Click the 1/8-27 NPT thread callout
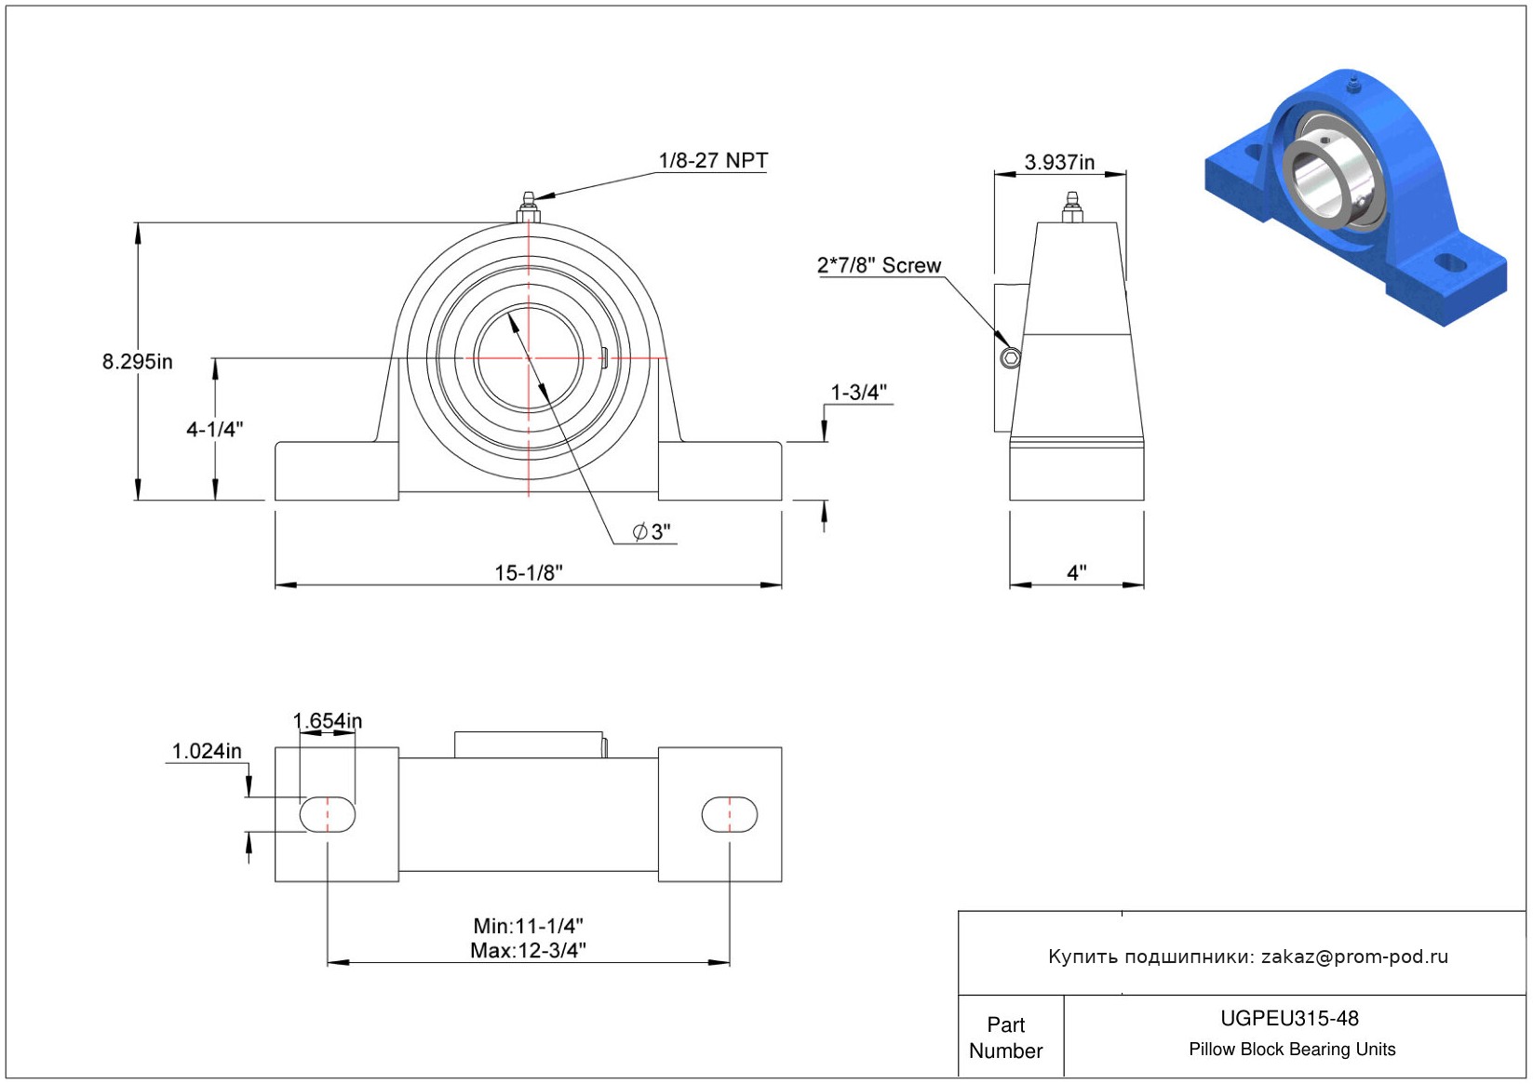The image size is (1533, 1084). coord(713,160)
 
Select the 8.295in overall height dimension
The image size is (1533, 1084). coord(137,361)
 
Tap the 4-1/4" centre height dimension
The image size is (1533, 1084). coord(214,429)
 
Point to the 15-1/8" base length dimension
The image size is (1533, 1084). coord(528,572)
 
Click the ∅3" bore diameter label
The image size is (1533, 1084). coord(652,531)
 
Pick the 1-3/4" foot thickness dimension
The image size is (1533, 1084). coord(858,393)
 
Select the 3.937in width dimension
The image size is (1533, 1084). coord(1059,162)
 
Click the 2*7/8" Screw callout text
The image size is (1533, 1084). coord(879,265)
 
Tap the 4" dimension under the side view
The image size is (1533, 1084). coord(1076,572)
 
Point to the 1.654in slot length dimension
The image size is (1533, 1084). coord(328,721)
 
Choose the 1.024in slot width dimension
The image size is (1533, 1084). coord(207,751)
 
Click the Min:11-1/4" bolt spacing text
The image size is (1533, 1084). coord(528,926)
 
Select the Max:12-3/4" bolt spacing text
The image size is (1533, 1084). coord(528,950)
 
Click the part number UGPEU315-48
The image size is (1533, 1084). coord(1289,1018)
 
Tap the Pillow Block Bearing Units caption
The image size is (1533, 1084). coord(1292,1049)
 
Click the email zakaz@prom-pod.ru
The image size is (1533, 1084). coord(1354,957)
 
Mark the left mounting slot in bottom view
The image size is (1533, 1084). coord(327,814)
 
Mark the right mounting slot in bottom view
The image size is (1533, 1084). coord(729,814)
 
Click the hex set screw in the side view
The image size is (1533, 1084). coord(1010,358)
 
